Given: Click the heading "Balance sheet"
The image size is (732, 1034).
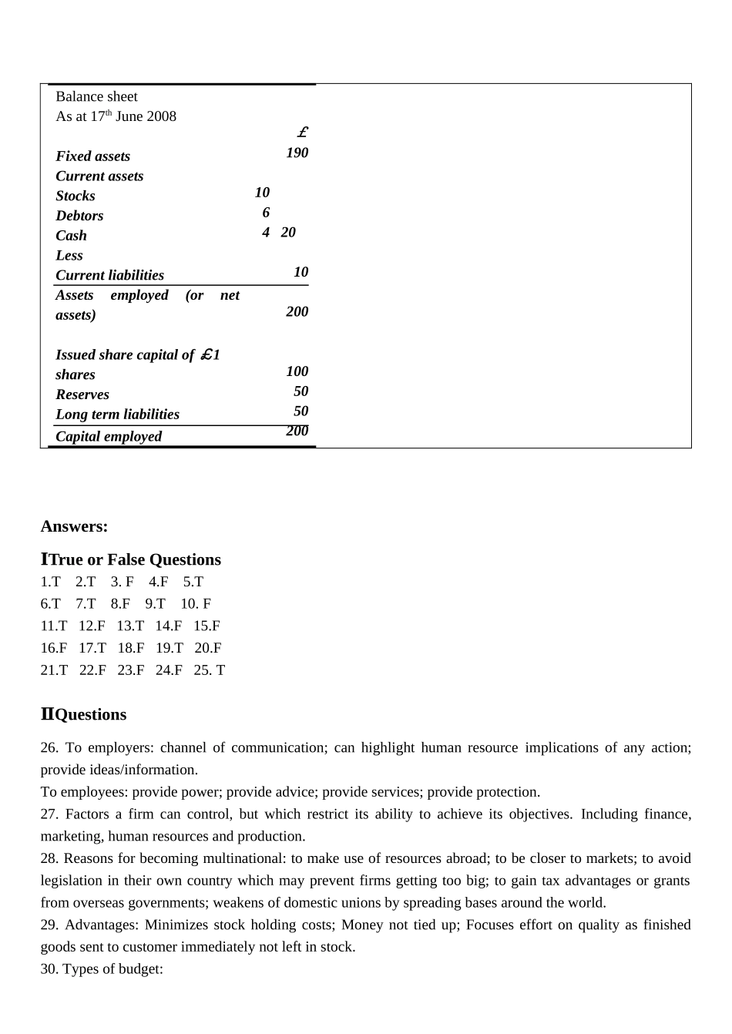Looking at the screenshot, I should pos(96,96).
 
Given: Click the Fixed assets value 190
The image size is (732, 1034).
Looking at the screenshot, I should pos(297,153).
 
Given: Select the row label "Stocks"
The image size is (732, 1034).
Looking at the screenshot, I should pos(76,196).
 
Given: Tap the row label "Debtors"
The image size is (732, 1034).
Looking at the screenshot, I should pos(79,216).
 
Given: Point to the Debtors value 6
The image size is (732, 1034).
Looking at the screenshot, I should pos(266,213).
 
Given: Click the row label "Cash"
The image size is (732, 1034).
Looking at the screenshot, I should pos(71,236).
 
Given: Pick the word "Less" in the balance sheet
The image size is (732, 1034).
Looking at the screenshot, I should pos(69,255).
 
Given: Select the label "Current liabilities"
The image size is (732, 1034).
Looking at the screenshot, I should pos(109,275).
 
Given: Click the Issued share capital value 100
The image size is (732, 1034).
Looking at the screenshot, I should pos(297,371).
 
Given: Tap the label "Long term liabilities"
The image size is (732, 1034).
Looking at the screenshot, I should pos(117,415).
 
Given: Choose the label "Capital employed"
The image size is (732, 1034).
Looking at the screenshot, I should pos(109,436).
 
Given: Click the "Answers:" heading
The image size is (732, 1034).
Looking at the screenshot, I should pos(74,526).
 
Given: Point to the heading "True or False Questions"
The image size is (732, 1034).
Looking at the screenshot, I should pos(135,559).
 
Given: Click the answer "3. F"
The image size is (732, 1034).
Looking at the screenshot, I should pos(122,582).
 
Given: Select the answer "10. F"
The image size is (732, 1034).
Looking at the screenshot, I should pos(196,604).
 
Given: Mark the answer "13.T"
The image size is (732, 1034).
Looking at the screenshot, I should pos(130,626).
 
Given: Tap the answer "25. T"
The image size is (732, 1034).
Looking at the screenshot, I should pos(210,670).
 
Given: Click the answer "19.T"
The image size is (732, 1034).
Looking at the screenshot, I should pos(170,648).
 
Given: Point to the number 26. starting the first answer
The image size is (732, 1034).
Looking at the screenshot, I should pos(49,747).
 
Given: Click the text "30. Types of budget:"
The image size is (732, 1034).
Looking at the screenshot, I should pos(102,969).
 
